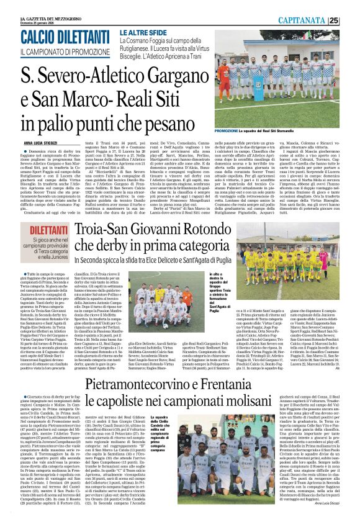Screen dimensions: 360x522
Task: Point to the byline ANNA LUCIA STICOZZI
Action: [43, 144]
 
